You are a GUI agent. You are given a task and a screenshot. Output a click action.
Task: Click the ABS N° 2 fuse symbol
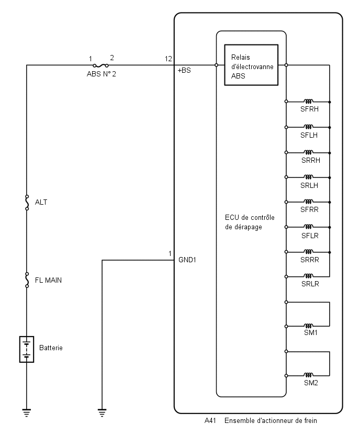(100, 65)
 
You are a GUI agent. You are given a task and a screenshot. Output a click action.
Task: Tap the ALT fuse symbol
(27, 203)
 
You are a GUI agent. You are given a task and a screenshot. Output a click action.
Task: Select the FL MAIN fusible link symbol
(27, 280)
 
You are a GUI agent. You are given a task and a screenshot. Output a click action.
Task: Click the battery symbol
(27, 349)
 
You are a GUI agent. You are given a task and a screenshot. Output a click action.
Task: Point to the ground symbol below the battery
(27, 412)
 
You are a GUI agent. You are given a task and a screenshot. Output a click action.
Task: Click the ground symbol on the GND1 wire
(102, 412)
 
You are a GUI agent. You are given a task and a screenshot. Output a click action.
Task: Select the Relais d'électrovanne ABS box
(251, 65)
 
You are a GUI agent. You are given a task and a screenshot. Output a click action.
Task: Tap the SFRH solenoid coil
(309, 101)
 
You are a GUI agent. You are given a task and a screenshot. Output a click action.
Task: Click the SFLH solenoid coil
(309, 127)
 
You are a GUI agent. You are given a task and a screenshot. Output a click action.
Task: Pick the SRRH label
(310, 160)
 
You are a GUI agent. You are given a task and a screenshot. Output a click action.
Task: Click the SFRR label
(309, 209)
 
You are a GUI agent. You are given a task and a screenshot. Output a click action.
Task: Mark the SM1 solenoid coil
(309, 326)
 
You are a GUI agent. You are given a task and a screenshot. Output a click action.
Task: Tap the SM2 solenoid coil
(309, 375)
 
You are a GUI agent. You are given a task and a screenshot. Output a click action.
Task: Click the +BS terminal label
(184, 70)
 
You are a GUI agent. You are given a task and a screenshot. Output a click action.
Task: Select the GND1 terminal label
(187, 260)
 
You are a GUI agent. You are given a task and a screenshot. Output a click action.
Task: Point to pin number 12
(168, 59)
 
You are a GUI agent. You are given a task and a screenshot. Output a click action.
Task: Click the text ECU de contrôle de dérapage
(250, 222)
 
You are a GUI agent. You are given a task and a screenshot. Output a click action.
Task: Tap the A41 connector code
(210, 421)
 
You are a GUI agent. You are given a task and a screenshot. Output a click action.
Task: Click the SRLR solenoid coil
(309, 276)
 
